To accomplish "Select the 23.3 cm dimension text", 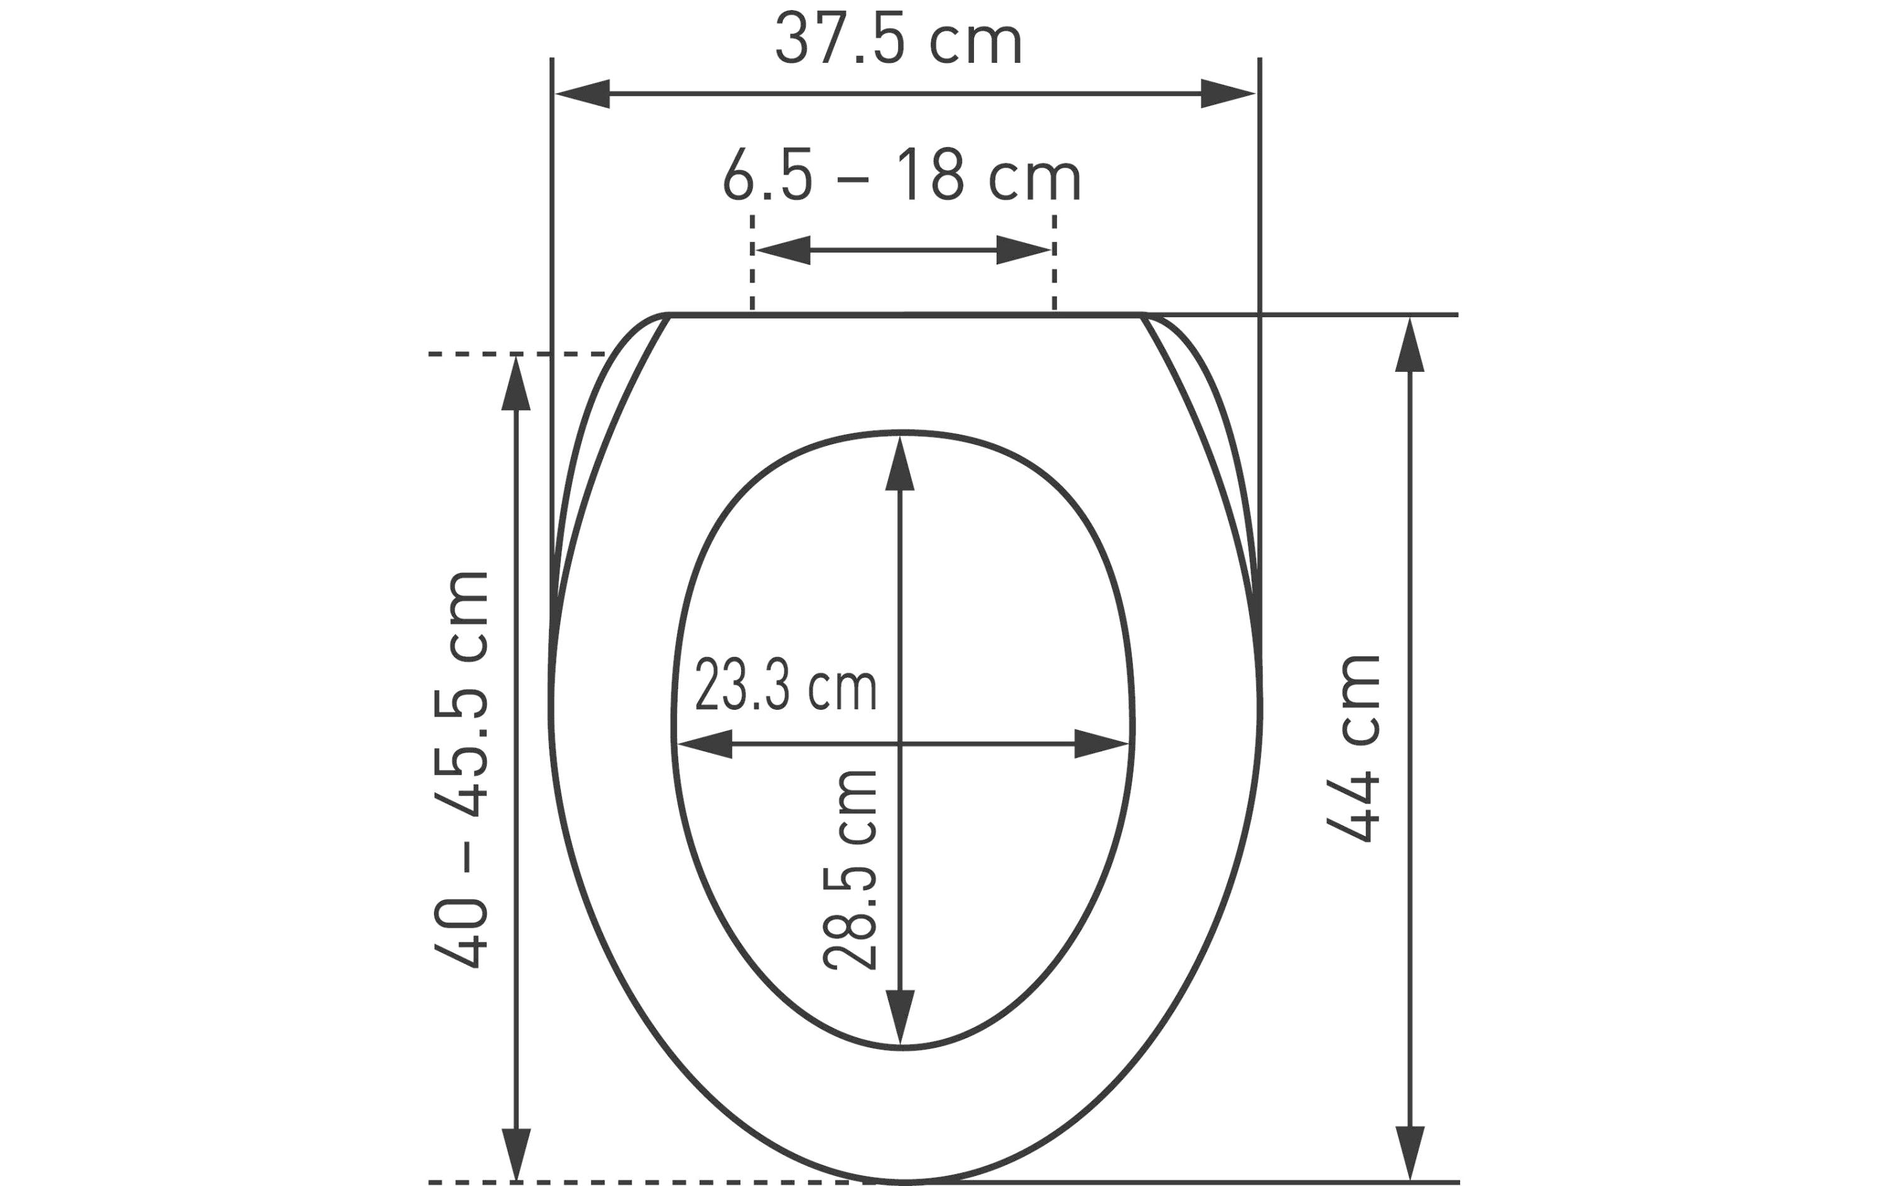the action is [x=786, y=684].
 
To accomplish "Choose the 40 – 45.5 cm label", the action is [x=461, y=770].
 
